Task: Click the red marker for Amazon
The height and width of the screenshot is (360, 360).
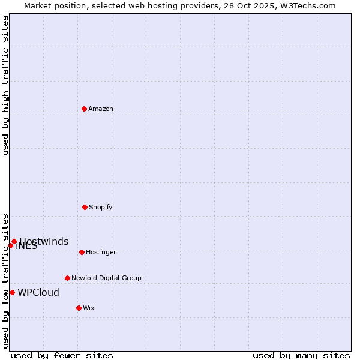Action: [85, 109]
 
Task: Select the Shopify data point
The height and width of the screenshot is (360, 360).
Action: [85, 207]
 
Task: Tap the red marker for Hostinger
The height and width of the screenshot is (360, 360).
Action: [82, 252]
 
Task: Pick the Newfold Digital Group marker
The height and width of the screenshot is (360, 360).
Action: [67, 278]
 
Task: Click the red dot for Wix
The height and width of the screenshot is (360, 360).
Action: [79, 308]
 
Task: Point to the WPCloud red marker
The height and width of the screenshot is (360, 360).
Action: [12, 292]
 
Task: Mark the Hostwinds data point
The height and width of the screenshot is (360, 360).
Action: [14, 241]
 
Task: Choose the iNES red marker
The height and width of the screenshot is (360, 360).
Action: [10, 245]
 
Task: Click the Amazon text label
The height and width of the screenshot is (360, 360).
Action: [101, 109]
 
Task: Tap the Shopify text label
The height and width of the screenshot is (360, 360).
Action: [101, 207]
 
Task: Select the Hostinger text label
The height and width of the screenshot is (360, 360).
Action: [101, 252]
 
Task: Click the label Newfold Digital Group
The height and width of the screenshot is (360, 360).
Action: [106, 278]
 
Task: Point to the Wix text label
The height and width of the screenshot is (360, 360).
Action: [89, 308]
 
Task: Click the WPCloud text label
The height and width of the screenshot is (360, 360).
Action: [38, 293]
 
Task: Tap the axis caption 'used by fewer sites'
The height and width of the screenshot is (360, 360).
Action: [62, 355]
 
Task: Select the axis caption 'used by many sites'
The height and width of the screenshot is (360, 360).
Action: [301, 355]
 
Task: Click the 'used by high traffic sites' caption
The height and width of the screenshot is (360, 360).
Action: [5, 85]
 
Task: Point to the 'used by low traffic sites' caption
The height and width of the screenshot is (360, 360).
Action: [5, 280]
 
